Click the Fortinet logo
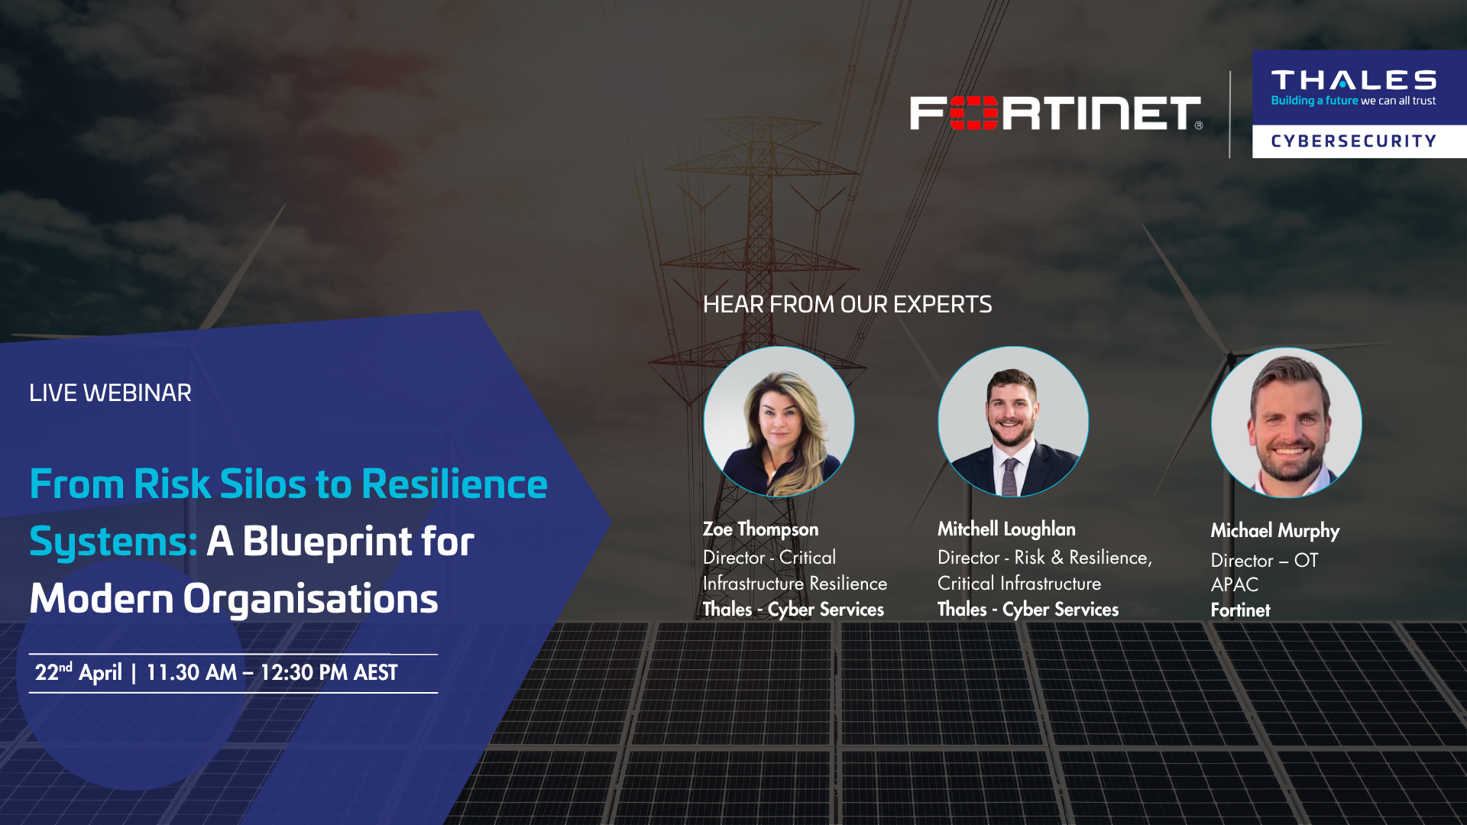[1056, 113]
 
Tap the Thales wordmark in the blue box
[1353, 80]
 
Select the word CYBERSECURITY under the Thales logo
[1353, 141]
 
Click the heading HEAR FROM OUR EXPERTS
[847, 305]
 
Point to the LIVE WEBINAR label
[110, 393]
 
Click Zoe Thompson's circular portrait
[779, 422]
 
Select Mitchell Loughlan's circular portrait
[1013, 422]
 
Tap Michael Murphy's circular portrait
[1287, 423]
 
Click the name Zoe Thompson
[760, 529]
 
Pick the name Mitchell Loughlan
[1006, 529]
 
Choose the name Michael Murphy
[1275, 531]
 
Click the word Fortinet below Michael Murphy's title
[1240, 610]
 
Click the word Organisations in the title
[310, 600]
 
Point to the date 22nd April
[79, 672]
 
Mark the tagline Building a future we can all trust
[1353, 101]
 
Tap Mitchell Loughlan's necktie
[1010, 477]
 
